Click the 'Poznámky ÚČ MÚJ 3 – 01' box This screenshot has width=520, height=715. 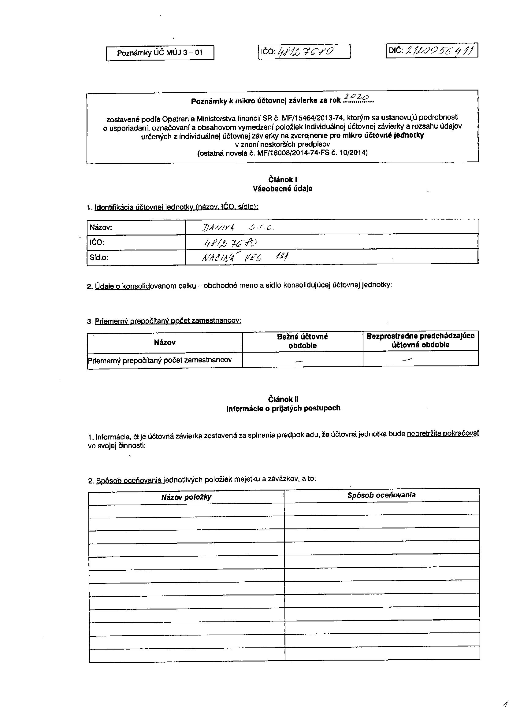[160, 53]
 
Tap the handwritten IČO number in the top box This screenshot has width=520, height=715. [305, 51]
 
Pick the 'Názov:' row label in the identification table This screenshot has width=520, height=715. [101, 227]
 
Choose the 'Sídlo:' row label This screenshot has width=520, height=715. [99, 257]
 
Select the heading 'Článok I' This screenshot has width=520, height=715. [283, 180]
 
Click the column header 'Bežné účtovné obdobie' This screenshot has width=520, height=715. [303, 341]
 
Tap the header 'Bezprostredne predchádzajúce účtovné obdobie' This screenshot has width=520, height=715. [420, 340]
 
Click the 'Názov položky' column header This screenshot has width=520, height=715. [186, 497]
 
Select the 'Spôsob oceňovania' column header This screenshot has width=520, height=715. [381, 495]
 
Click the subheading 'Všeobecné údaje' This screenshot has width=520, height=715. [283, 189]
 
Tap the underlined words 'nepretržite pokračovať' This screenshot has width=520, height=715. [443, 434]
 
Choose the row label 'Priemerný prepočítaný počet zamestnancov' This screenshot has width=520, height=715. [160, 360]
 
